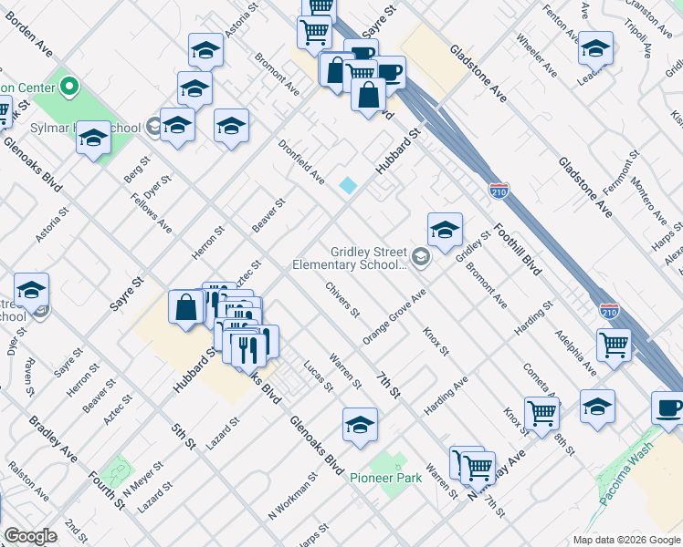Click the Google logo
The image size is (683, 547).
[x=30, y=536]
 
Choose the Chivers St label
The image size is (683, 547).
[x=342, y=301]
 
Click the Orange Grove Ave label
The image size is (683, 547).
[x=394, y=317]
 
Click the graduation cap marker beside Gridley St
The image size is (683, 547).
[x=445, y=230]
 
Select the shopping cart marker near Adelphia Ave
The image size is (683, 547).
[x=614, y=346]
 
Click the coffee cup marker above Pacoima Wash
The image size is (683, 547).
[x=667, y=408]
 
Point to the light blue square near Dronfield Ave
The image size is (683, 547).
[x=348, y=185]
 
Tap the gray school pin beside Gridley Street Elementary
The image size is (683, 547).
[x=420, y=256]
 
